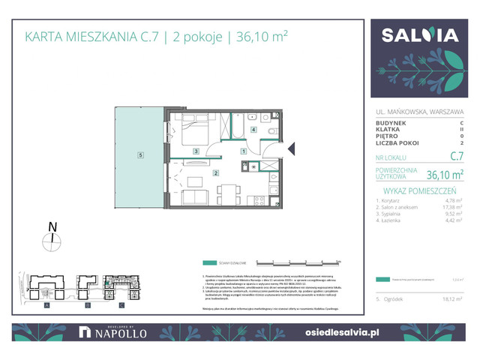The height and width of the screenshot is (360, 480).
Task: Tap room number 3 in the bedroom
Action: (x=195, y=151)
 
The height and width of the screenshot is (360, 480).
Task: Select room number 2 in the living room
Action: (x=216, y=173)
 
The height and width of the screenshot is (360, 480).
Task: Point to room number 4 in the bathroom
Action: (x=253, y=130)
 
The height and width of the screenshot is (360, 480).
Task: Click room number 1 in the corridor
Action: (x=243, y=151)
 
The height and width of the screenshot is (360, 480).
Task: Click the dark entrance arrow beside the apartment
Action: (x=292, y=150)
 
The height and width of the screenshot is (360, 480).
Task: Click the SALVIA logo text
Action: (x=420, y=35)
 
